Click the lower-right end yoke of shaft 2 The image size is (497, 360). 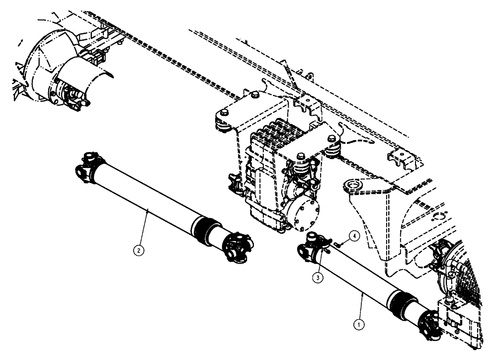coord(238,246)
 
